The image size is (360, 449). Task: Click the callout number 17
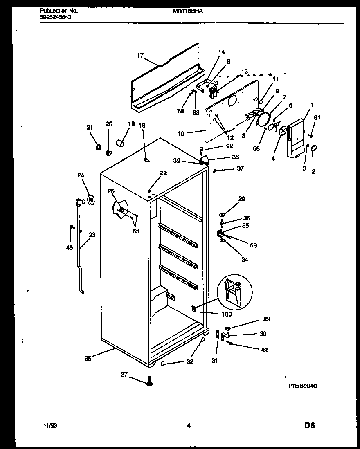point(140,56)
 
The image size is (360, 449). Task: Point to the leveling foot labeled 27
point(149,382)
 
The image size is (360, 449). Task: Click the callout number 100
point(226,314)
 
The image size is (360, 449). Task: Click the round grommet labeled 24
point(91,200)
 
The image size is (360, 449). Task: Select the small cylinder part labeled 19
point(119,143)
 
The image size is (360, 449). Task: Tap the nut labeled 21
point(98,147)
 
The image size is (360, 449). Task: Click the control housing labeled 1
point(295,138)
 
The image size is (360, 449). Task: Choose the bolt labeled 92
point(202,149)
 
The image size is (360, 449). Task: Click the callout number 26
point(88,359)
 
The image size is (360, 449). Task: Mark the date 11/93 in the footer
point(50,425)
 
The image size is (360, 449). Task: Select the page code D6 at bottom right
point(309,425)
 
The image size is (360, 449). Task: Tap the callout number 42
point(264,350)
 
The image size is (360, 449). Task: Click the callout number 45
point(70,247)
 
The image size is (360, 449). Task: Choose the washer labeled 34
point(222,241)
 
